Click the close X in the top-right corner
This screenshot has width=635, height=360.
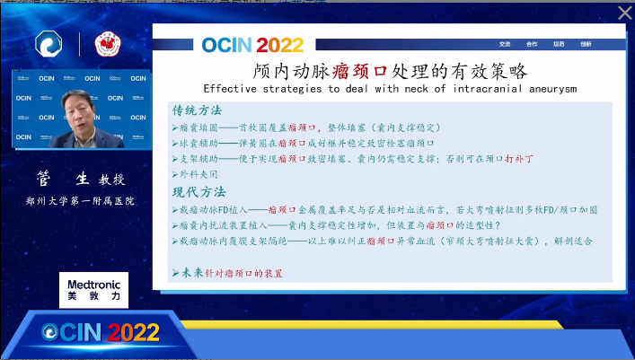coord(624,13)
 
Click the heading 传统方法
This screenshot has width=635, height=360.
coord(198,110)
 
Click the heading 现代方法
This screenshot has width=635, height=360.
coord(198,191)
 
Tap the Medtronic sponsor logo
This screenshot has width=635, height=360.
coord(93,289)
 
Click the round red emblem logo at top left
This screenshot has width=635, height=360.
coord(107,44)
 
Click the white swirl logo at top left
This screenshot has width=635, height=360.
coord(48,44)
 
